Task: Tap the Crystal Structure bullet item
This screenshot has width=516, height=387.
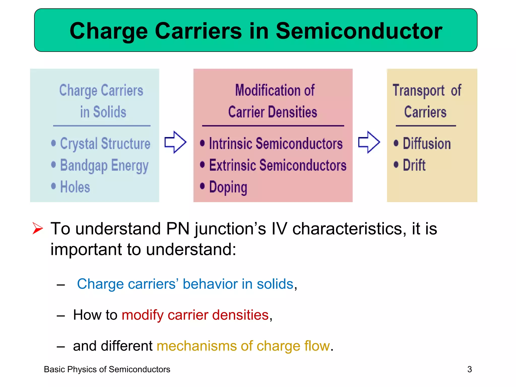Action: (105, 144)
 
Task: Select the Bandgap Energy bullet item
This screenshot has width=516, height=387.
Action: (104, 166)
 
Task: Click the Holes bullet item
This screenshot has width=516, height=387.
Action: (75, 187)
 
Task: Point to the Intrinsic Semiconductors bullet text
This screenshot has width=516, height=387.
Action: (276, 144)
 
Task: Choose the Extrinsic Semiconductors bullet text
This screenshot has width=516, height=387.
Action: (278, 165)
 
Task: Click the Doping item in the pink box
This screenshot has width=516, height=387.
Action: (228, 187)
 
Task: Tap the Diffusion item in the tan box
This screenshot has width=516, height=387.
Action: (427, 144)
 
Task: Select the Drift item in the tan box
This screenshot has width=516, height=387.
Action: (414, 165)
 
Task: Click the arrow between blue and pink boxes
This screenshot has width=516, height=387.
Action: (175, 142)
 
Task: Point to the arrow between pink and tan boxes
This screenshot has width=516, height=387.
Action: (369, 142)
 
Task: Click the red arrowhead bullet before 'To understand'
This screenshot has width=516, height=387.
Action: (38, 228)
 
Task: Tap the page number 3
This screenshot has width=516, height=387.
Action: (469, 369)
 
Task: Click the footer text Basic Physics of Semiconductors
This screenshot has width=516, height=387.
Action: (107, 369)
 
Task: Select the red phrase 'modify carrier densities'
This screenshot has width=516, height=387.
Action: (195, 315)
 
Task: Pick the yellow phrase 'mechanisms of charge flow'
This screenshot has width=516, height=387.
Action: (243, 346)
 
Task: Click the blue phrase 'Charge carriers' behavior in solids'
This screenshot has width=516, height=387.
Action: (185, 284)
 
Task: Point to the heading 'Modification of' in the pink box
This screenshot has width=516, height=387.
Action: (275, 90)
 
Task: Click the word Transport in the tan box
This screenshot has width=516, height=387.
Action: (418, 90)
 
